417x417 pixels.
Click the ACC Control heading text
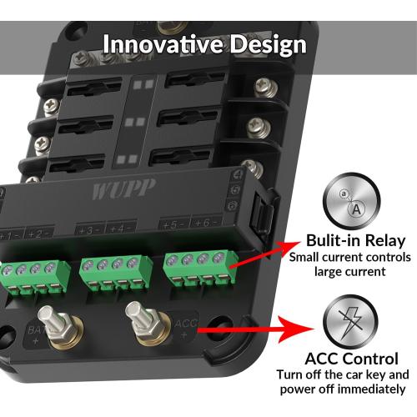pyautogui.click(x=352, y=359)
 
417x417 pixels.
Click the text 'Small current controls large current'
pyautogui.click(x=350, y=264)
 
